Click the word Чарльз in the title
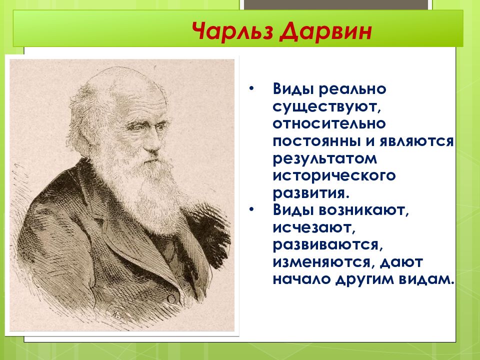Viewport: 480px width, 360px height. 232,31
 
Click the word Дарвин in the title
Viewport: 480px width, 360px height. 325,31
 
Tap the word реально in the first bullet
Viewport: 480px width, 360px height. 352,89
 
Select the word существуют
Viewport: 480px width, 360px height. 328,107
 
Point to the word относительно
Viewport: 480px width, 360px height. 329,123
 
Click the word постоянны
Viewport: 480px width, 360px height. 317,141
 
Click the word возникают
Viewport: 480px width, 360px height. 363,210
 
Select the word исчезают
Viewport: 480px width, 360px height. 314,228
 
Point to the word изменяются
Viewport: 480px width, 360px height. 324,262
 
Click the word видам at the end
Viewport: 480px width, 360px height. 426,280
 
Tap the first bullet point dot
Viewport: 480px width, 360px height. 251,89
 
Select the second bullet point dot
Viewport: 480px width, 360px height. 251,210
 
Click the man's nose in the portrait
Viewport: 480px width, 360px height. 153,142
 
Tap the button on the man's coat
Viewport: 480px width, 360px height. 171,299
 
